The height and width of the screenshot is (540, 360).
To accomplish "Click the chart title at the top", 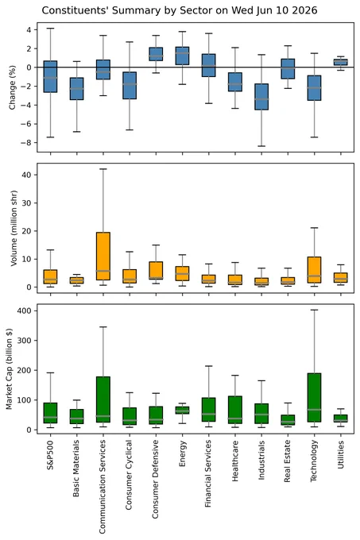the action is [180, 10].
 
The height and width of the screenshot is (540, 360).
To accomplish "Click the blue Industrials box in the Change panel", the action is [261, 97].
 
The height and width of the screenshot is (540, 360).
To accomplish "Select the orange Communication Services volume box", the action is [103, 256].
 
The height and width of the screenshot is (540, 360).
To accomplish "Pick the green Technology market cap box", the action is [314, 397].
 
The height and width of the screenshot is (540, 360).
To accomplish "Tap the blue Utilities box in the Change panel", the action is [341, 62].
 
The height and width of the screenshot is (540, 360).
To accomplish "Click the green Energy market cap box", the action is [182, 411].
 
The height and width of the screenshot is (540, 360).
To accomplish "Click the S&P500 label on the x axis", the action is [50, 455].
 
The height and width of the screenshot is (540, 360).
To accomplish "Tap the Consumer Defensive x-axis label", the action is [156, 480].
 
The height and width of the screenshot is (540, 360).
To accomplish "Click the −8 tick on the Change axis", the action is [26, 143].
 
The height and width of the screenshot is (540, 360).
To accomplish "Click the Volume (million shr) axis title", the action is [14, 228].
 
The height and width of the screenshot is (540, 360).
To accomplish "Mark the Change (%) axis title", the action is [13, 87].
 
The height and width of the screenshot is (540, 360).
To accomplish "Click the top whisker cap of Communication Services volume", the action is [103, 169].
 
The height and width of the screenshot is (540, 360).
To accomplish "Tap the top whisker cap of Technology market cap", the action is [314, 310].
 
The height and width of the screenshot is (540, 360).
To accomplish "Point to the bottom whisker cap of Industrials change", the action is [261, 146].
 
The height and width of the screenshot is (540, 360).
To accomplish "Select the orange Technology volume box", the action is [314, 270].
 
